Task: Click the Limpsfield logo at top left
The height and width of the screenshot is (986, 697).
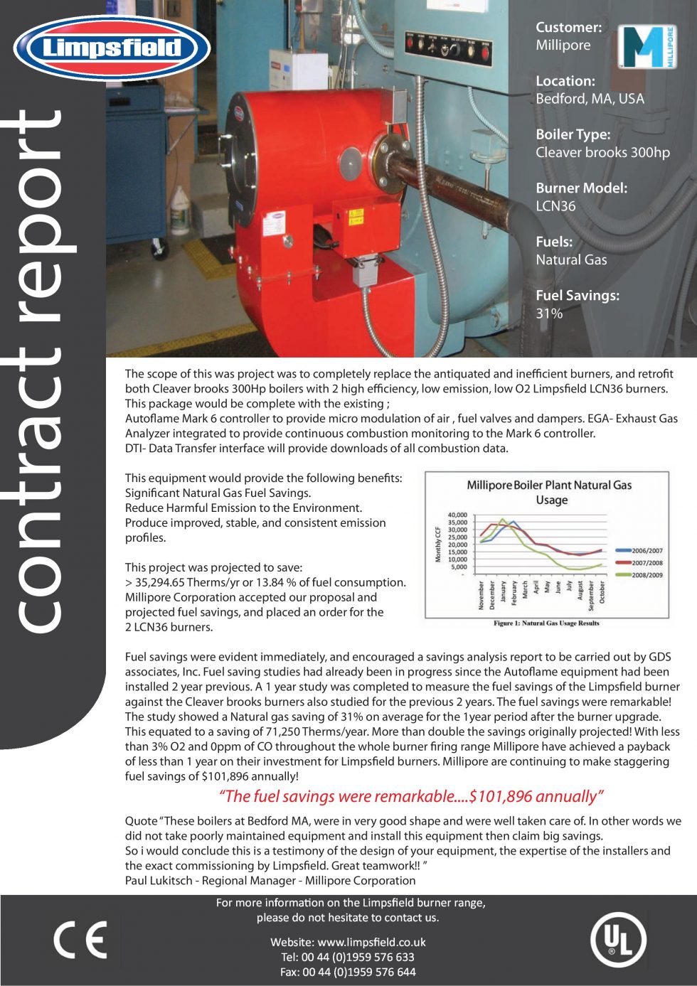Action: point(112,48)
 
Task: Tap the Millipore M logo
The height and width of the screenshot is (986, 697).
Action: point(646,47)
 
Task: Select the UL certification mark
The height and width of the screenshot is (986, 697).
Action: point(618,941)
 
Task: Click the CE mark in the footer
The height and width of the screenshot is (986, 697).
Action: point(80,940)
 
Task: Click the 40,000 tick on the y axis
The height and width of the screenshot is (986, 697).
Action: point(457,515)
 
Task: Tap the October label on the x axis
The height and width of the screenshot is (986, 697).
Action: point(602,592)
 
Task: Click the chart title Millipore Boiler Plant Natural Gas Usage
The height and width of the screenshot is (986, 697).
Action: point(549,492)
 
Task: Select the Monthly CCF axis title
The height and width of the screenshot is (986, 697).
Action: point(438,544)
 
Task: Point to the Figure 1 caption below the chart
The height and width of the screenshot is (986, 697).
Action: point(546,623)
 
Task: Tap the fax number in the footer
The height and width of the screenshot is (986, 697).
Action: point(348,972)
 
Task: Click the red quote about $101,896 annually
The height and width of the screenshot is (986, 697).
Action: point(411,796)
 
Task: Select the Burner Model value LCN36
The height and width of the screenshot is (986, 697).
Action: point(555,206)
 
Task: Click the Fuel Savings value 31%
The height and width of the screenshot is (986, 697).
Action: point(549,314)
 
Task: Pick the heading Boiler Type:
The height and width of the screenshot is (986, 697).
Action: point(573,134)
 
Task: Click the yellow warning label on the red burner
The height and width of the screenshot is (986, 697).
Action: point(356,216)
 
